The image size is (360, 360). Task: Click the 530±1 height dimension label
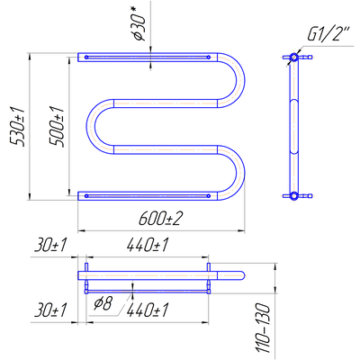[x=18, y=127]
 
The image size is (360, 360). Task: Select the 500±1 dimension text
[x=58, y=127]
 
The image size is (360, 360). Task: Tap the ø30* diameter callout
[x=139, y=25]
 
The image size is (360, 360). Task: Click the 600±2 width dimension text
[x=160, y=219]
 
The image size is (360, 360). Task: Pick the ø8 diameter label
[x=103, y=304]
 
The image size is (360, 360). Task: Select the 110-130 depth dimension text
[x=264, y=328]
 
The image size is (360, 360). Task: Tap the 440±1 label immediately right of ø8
[x=147, y=310]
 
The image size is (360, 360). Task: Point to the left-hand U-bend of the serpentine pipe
[x=91, y=126]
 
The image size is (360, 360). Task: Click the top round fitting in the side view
[x=294, y=57]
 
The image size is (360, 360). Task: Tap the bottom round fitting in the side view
[x=294, y=196]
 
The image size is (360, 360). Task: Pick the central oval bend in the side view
[x=294, y=126]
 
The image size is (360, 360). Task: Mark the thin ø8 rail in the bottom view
[x=147, y=292]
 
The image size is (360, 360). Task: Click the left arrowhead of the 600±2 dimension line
[x=81, y=231]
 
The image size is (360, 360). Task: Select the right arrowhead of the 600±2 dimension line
[x=242, y=231]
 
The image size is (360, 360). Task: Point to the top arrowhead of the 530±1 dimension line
[x=30, y=56]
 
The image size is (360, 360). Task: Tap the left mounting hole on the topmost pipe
[x=86, y=57]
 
